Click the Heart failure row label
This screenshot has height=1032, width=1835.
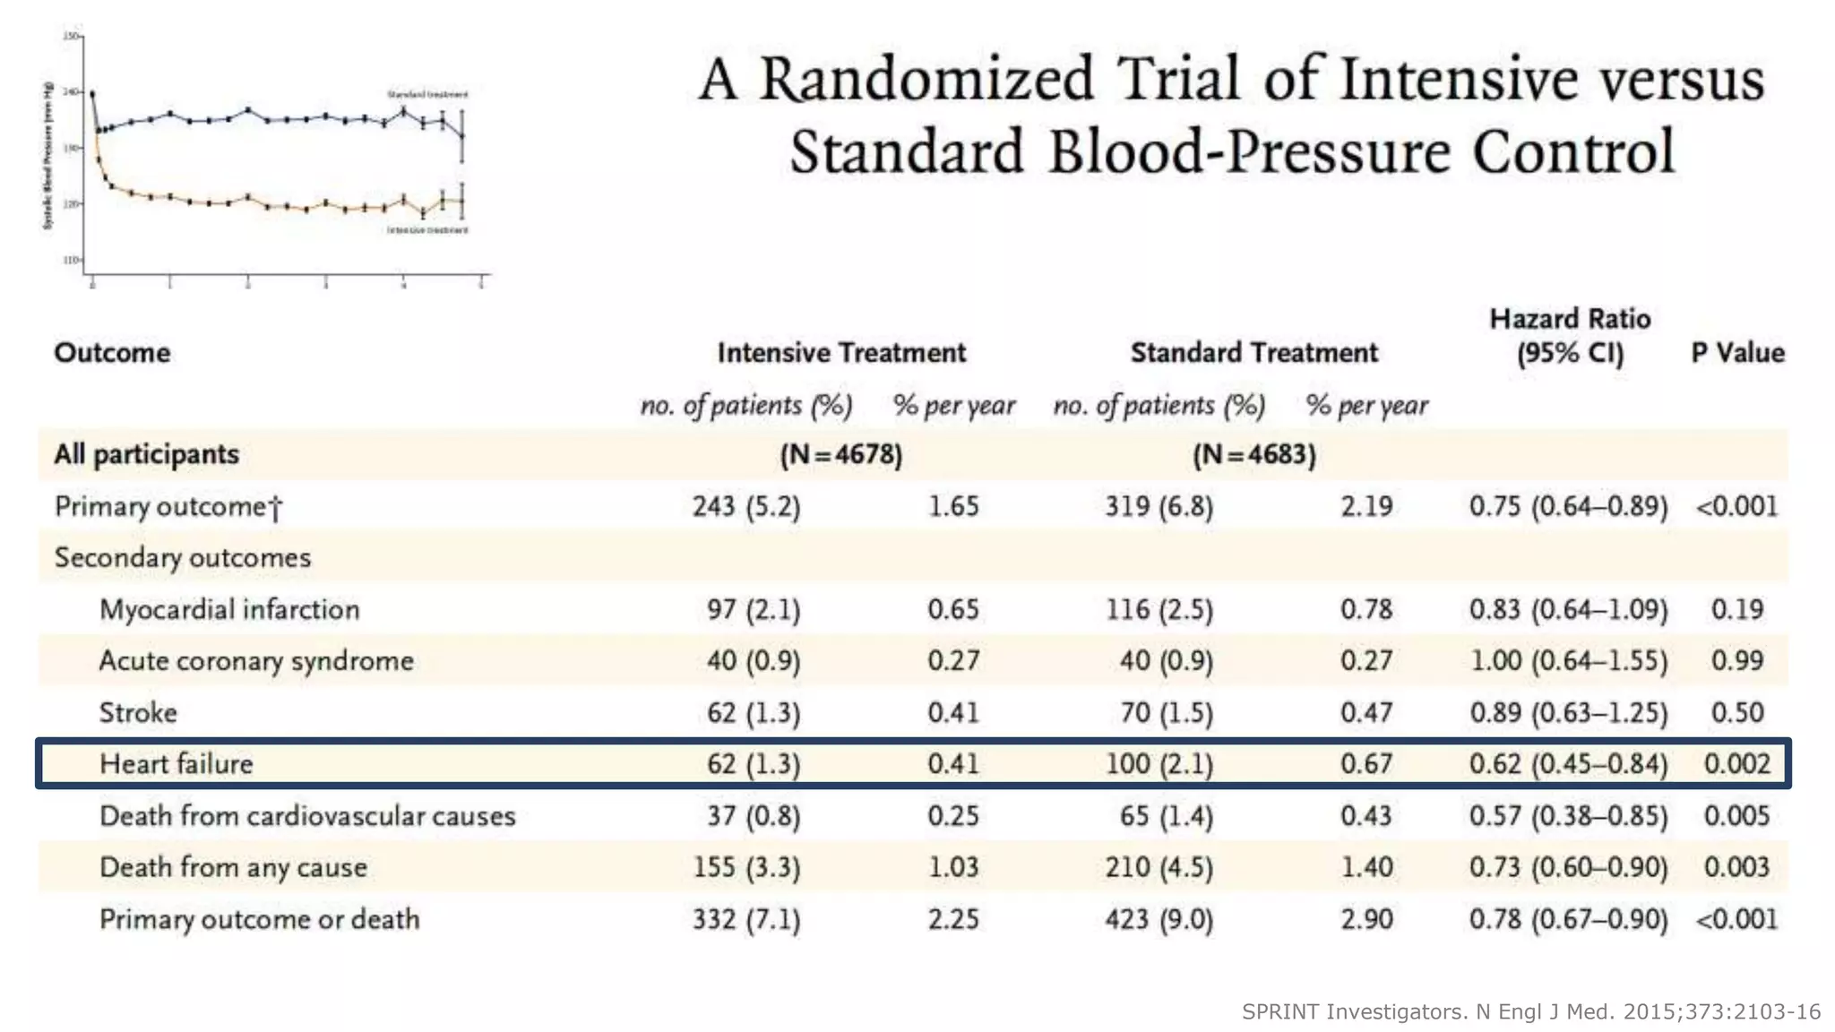pos(177,764)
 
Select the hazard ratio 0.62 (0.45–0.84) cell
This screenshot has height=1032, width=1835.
pos(1568,764)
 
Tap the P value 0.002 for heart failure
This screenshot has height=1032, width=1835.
pos(1736,764)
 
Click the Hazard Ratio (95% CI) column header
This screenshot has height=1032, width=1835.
pos(1570,336)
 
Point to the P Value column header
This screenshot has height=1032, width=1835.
pos(1737,353)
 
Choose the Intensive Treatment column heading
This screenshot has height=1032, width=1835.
pos(841,353)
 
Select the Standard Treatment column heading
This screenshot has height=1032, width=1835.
pos(1253,353)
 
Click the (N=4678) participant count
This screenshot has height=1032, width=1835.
pos(841,455)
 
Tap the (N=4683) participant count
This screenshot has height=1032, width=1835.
pos(1253,455)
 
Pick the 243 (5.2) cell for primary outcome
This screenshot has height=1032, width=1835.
pos(746,507)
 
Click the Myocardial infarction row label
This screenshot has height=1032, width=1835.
pos(229,610)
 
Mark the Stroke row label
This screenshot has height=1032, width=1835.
pos(138,713)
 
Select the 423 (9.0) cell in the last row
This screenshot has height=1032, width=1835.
pos(1159,920)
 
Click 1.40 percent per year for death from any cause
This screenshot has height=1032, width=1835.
pos(1366,868)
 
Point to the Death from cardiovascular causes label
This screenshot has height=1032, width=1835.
pos(307,816)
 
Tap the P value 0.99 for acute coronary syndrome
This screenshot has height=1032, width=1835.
pos(1736,661)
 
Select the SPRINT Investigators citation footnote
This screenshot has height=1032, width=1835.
pos(1530,1012)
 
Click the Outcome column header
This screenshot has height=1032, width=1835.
pos(112,353)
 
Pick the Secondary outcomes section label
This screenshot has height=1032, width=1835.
pos(183,558)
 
